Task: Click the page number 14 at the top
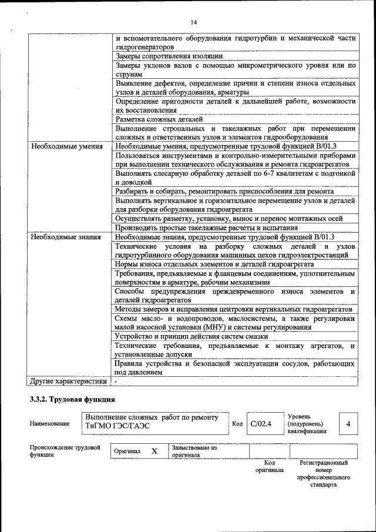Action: pyautogui.click(x=193, y=22)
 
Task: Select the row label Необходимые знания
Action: pyautogui.click(x=66, y=237)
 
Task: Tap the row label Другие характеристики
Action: pyautogui.click(x=69, y=381)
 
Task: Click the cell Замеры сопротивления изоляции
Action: pyautogui.click(x=169, y=56)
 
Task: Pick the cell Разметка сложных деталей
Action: pyautogui.click(x=159, y=119)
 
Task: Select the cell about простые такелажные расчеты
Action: pyautogui.click(x=214, y=227)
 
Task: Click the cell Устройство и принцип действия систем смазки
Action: pyautogui.click(x=192, y=336)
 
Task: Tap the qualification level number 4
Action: pyautogui.click(x=349, y=423)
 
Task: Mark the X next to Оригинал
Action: pyautogui.click(x=155, y=451)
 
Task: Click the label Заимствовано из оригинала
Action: pyautogui.click(x=194, y=451)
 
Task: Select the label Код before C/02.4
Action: pyautogui.click(x=237, y=424)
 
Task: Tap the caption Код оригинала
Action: pyautogui.click(x=270, y=466)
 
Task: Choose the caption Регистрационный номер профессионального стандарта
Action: pyautogui.click(x=324, y=474)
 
